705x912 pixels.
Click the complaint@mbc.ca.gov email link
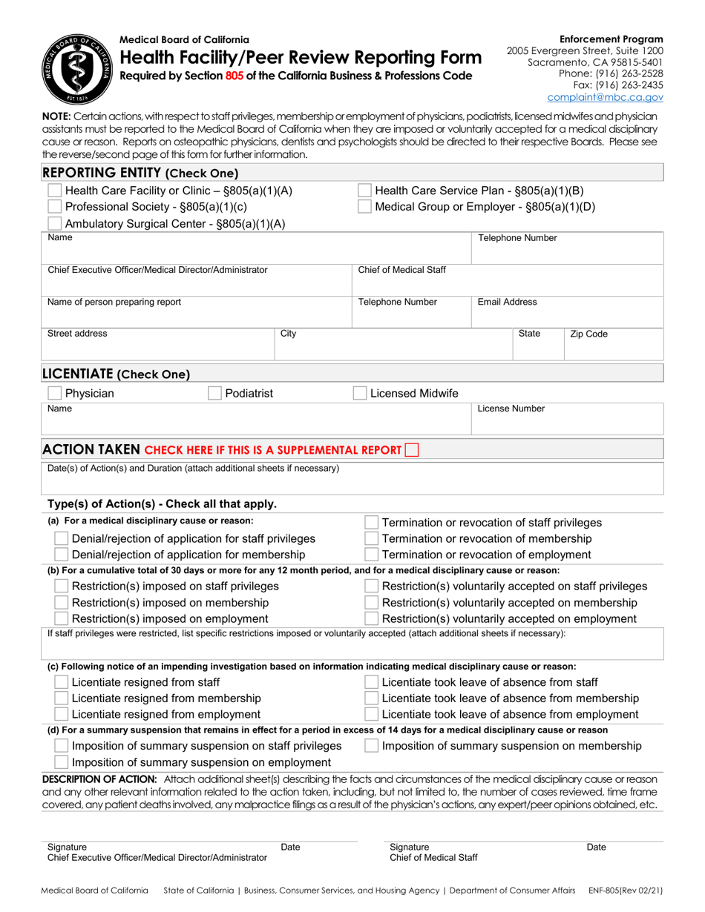[605, 97]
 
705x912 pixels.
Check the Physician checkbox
[55, 393]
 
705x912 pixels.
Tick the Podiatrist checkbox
[215, 393]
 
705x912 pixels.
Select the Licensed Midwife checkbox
[359, 393]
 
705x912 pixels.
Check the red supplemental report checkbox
[412, 449]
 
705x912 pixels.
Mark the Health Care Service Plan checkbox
[365, 191]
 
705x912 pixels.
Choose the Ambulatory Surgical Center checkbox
[55, 224]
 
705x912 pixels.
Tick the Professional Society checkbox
[55, 207]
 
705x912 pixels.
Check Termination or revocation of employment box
[371, 555]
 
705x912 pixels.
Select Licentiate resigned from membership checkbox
[62, 698]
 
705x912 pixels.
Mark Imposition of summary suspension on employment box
[62, 762]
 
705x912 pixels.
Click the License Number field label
[511, 409]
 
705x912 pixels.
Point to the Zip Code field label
[588, 334]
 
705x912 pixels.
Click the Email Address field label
[507, 302]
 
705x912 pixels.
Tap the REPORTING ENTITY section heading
[140, 173]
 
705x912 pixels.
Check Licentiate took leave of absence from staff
[371, 682]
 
